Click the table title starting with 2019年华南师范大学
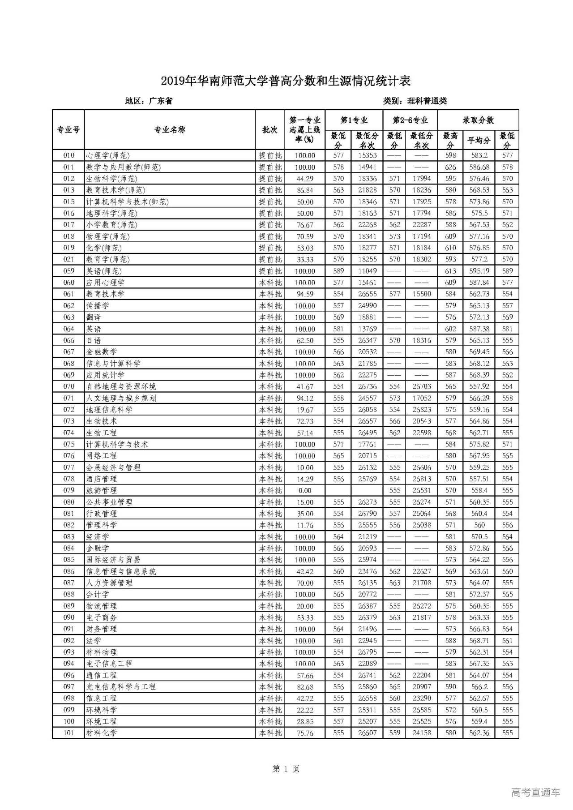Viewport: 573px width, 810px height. pyautogui.click(x=286, y=81)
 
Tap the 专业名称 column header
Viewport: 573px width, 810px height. pyautogui.click(x=169, y=130)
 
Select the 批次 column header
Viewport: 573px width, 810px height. pyautogui.click(x=269, y=130)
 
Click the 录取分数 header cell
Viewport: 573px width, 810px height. pyautogui.click(x=478, y=120)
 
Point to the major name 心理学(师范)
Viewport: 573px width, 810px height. pyautogui.click(x=108, y=155)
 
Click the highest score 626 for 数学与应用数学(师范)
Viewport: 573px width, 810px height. pyautogui.click(x=450, y=167)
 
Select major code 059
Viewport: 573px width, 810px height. pyautogui.click(x=68, y=271)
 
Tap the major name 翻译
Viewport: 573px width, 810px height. pyautogui.click(x=94, y=317)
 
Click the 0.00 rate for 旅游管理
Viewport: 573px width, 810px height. pyautogui.click(x=305, y=490)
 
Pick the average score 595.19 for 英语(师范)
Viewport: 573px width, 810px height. pyautogui.click(x=479, y=271)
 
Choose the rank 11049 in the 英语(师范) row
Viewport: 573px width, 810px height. pyautogui.click(x=367, y=271)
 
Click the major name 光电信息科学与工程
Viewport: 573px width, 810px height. pyautogui.click(x=121, y=687)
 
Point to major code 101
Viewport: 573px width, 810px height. pyautogui.click(x=68, y=733)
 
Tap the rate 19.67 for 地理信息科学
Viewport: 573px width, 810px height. pyautogui.click(x=305, y=410)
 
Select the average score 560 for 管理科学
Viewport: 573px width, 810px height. pyautogui.click(x=479, y=525)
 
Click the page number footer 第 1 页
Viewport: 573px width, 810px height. pyautogui.click(x=286, y=769)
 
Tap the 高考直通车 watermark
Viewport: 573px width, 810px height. pyautogui.click(x=535, y=792)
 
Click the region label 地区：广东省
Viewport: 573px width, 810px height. pyautogui.click(x=149, y=101)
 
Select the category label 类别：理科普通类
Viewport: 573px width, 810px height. pyautogui.click(x=415, y=101)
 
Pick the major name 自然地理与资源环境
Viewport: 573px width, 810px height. pyautogui.click(x=121, y=386)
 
